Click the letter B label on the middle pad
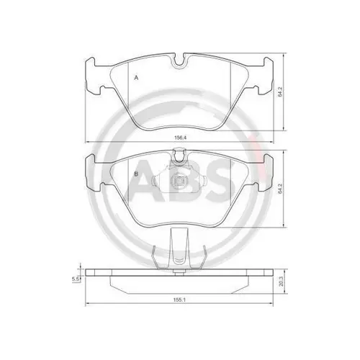[135, 174]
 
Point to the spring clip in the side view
[179, 253]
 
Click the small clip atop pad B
[179, 153]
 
